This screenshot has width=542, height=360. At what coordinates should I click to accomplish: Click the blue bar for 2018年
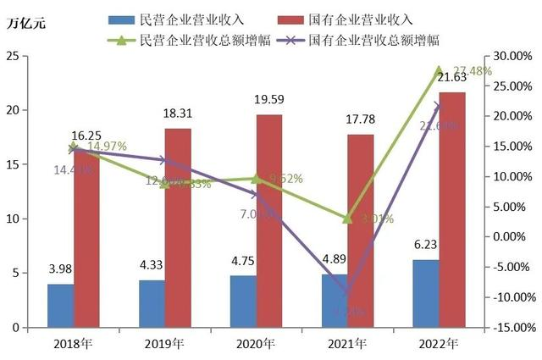60,306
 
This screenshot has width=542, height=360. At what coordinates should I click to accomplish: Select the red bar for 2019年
177,228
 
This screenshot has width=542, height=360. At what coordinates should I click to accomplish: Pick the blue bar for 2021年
334,301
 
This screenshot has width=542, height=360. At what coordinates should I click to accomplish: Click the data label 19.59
268,101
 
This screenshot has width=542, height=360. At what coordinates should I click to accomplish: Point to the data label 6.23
425,246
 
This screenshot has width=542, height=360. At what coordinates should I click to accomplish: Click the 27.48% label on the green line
470,71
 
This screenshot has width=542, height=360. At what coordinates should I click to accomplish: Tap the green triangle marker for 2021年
347,219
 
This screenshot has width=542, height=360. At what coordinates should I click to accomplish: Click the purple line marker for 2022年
438,106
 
